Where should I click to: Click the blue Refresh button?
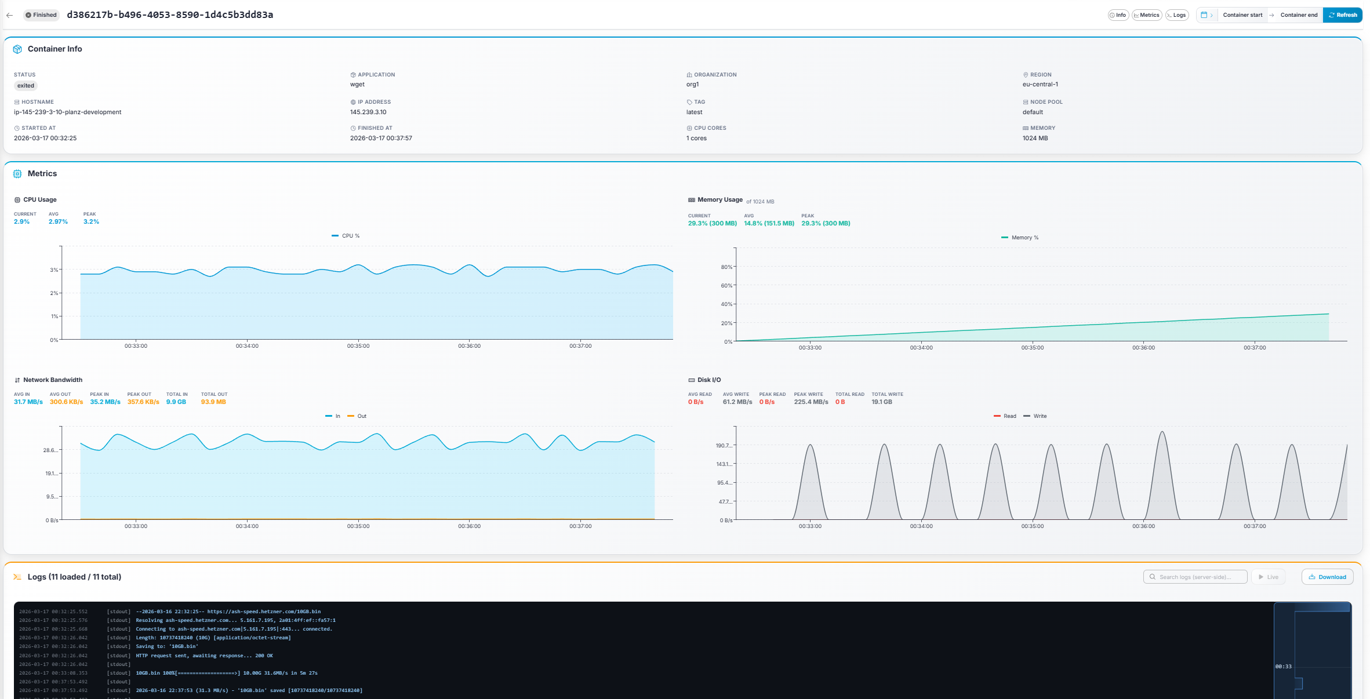click(x=1342, y=15)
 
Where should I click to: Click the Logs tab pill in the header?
click(x=1176, y=15)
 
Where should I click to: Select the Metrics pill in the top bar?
click(x=1146, y=15)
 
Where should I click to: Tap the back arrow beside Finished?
click(x=9, y=15)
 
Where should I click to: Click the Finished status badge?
click(x=41, y=15)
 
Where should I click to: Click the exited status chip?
click(x=26, y=86)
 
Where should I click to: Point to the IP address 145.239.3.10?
click(x=368, y=112)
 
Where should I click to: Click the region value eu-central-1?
click(x=1040, y=84)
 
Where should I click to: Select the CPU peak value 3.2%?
click(x=91, y=221)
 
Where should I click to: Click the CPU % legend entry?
click(x=346, y=236)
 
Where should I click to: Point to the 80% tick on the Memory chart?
click(x=726, y=267)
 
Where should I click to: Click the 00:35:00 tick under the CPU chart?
click(x=358, y=346)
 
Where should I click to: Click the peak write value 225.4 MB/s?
click(x=811, y=402)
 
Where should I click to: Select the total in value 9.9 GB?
click(x=176, y=402)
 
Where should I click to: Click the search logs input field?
click(x=1195, y=577)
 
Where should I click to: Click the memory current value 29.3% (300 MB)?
click(x=712, y=223)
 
